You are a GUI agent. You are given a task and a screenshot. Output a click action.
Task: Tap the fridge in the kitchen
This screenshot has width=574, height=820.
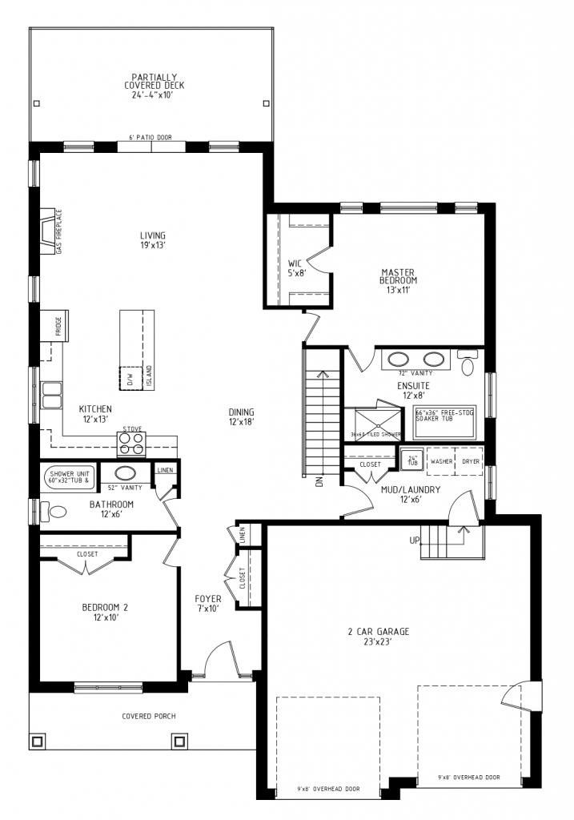click(x=55, y=324)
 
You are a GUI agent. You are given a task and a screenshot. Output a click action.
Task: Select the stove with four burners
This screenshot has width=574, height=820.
click(x=131, y=444)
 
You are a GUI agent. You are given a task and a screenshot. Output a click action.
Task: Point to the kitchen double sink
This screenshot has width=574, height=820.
click(x=53, y=394)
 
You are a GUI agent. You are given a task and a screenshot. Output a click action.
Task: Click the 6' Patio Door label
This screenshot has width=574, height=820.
click(x=150, y=137)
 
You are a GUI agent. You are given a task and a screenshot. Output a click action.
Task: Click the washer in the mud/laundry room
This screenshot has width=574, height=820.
click(x=442, y=462)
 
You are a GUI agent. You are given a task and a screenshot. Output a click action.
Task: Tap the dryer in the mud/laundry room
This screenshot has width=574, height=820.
click(x=472, y=462)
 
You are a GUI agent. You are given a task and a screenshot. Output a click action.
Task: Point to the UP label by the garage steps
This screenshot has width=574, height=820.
click(x=415, y=541)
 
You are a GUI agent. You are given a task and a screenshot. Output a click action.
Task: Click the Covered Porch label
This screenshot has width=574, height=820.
click(x=148, y=716)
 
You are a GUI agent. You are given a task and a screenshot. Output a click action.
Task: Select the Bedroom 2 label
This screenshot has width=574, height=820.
click(x=105, y=612)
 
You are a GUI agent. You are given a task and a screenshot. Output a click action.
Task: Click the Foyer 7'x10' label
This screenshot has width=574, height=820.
click(x=207, y=603)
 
